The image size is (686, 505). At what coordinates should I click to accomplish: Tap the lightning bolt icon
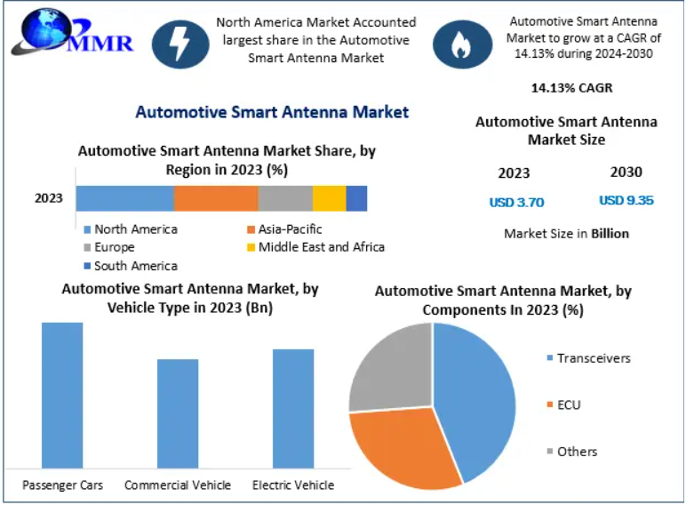click(x=180, y=44)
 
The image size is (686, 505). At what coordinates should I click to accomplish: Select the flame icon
click(x=462, y=44)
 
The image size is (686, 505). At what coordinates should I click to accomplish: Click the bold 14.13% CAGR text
click(x=571, y=88)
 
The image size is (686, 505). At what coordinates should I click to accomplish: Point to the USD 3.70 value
click(x=516, y=202)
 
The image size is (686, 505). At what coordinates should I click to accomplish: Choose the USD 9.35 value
click(x=626, y=201)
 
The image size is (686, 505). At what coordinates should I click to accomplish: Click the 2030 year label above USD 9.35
click(x=626, y=172)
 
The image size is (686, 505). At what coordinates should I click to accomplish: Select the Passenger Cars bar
click(x=62, y=395)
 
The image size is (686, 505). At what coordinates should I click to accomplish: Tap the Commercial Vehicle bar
click(x=178, y=413)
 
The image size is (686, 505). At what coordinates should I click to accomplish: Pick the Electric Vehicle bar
click(x=293, y=408)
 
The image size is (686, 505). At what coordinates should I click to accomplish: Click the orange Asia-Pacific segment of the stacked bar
click(x=216, y=198)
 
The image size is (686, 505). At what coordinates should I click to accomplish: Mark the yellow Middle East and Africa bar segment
click(x=329, y=198)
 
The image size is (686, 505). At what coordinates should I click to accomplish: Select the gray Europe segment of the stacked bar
click(x=285, y=198)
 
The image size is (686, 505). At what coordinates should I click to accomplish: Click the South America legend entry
click(x=131, y=266)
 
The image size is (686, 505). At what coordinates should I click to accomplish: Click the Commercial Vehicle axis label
click(x=178, y=485)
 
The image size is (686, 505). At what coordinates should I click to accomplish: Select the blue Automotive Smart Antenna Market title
click(x=272, y=112)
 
